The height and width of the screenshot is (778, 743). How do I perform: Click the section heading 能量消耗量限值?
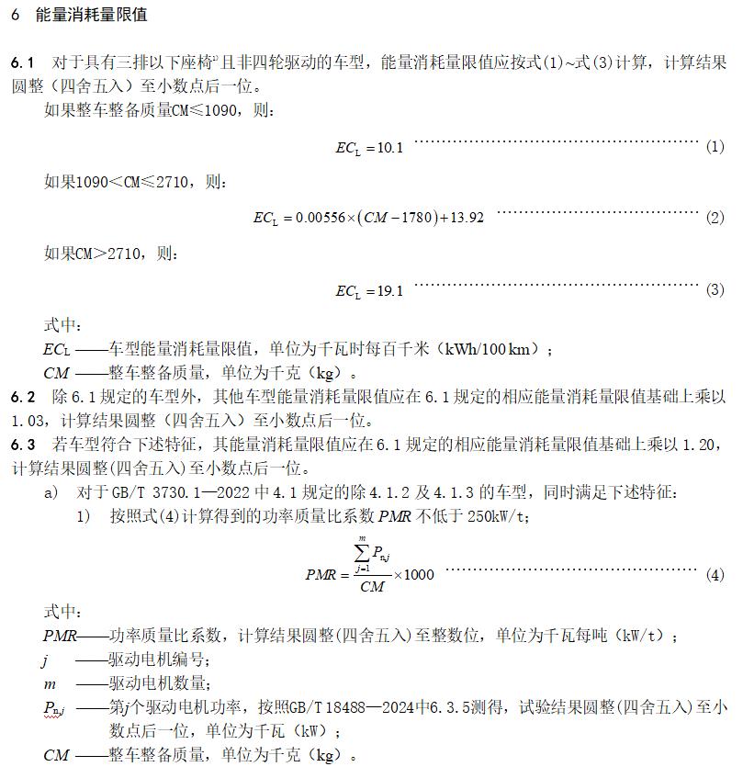tap(90, 16)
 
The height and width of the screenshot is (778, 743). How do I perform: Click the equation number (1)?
tap(715, 147)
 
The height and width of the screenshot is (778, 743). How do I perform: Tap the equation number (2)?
tap(715, 219)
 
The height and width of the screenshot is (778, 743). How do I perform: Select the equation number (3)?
tap(715, 290)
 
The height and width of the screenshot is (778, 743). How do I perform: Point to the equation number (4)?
tap(715, 575)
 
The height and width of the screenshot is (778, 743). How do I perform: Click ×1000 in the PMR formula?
tap(415, 575)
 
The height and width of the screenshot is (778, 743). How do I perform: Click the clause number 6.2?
tap(23, 398)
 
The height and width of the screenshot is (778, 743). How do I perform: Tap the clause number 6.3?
tap(23, 445)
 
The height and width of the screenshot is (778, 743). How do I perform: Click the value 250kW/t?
tap(496, 517)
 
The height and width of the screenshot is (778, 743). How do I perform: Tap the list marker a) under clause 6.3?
tap(51, 493)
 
